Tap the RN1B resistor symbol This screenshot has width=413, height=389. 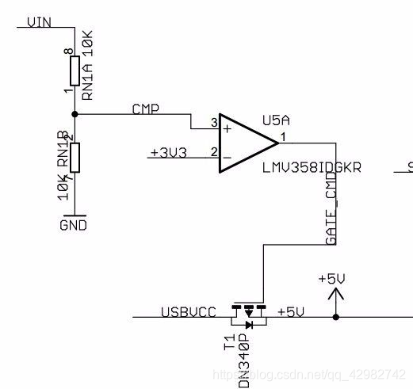pos(75,157)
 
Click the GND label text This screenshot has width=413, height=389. pos(74,225)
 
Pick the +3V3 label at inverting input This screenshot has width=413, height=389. pos(168,152)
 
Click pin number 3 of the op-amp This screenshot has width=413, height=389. pos(213,124)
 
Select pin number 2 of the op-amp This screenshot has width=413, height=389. pos(213,151)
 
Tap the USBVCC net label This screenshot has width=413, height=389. pos(189,312)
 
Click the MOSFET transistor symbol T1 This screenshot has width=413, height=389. pos(248,314)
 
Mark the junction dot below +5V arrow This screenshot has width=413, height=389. pos(337,317)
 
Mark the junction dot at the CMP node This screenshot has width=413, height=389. pos(75,114)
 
